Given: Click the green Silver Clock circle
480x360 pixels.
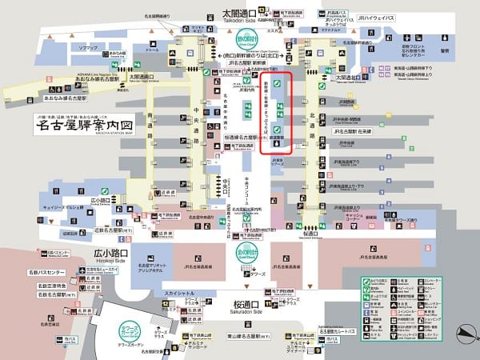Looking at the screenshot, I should point(242,39).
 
